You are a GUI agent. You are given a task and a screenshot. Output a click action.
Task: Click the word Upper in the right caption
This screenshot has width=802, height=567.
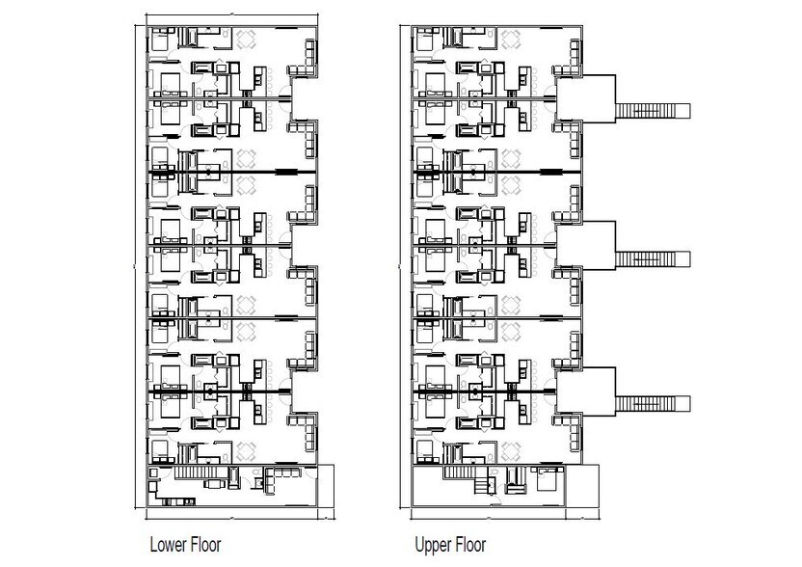[x=432, y=545]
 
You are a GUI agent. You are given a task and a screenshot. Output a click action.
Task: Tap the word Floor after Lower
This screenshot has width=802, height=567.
[x=204, y=545]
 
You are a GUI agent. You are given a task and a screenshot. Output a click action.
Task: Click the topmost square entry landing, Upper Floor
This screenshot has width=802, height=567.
[x=586, y=98]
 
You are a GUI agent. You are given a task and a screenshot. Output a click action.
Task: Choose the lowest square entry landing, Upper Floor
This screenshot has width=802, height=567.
[x=586, y=391]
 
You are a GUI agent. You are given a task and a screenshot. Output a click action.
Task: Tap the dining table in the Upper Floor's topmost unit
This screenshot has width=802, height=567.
[x=512, y=40]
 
